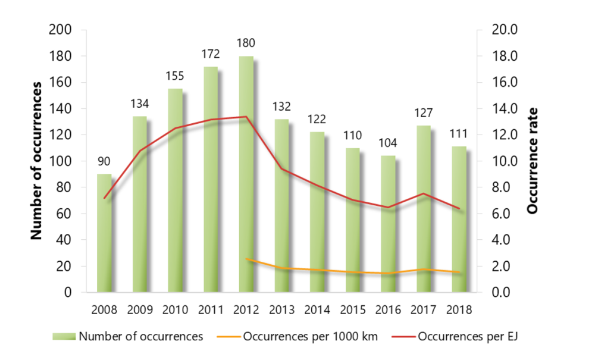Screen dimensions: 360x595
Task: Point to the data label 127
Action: point(423,113)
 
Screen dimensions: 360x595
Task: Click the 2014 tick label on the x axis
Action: point(317,310)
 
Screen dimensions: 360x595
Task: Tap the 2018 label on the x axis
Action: point(458,310)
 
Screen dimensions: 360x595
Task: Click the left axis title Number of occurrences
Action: point(37,161)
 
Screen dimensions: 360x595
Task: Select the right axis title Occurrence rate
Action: point(533,161)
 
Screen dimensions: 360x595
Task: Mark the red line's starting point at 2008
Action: point(104,198)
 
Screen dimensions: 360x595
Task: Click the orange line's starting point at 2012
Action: point(246,259)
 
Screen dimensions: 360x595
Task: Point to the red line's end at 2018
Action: point(458,208)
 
